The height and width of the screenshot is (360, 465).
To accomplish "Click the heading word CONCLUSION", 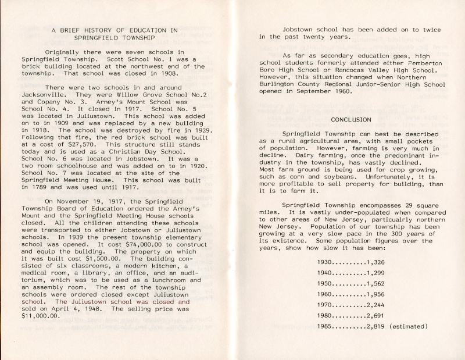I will pos(350,119).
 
